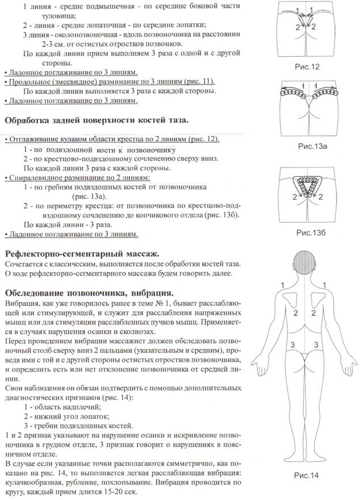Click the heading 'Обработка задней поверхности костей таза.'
[x=101, y=120]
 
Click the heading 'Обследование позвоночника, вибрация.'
[x=91, y=293]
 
